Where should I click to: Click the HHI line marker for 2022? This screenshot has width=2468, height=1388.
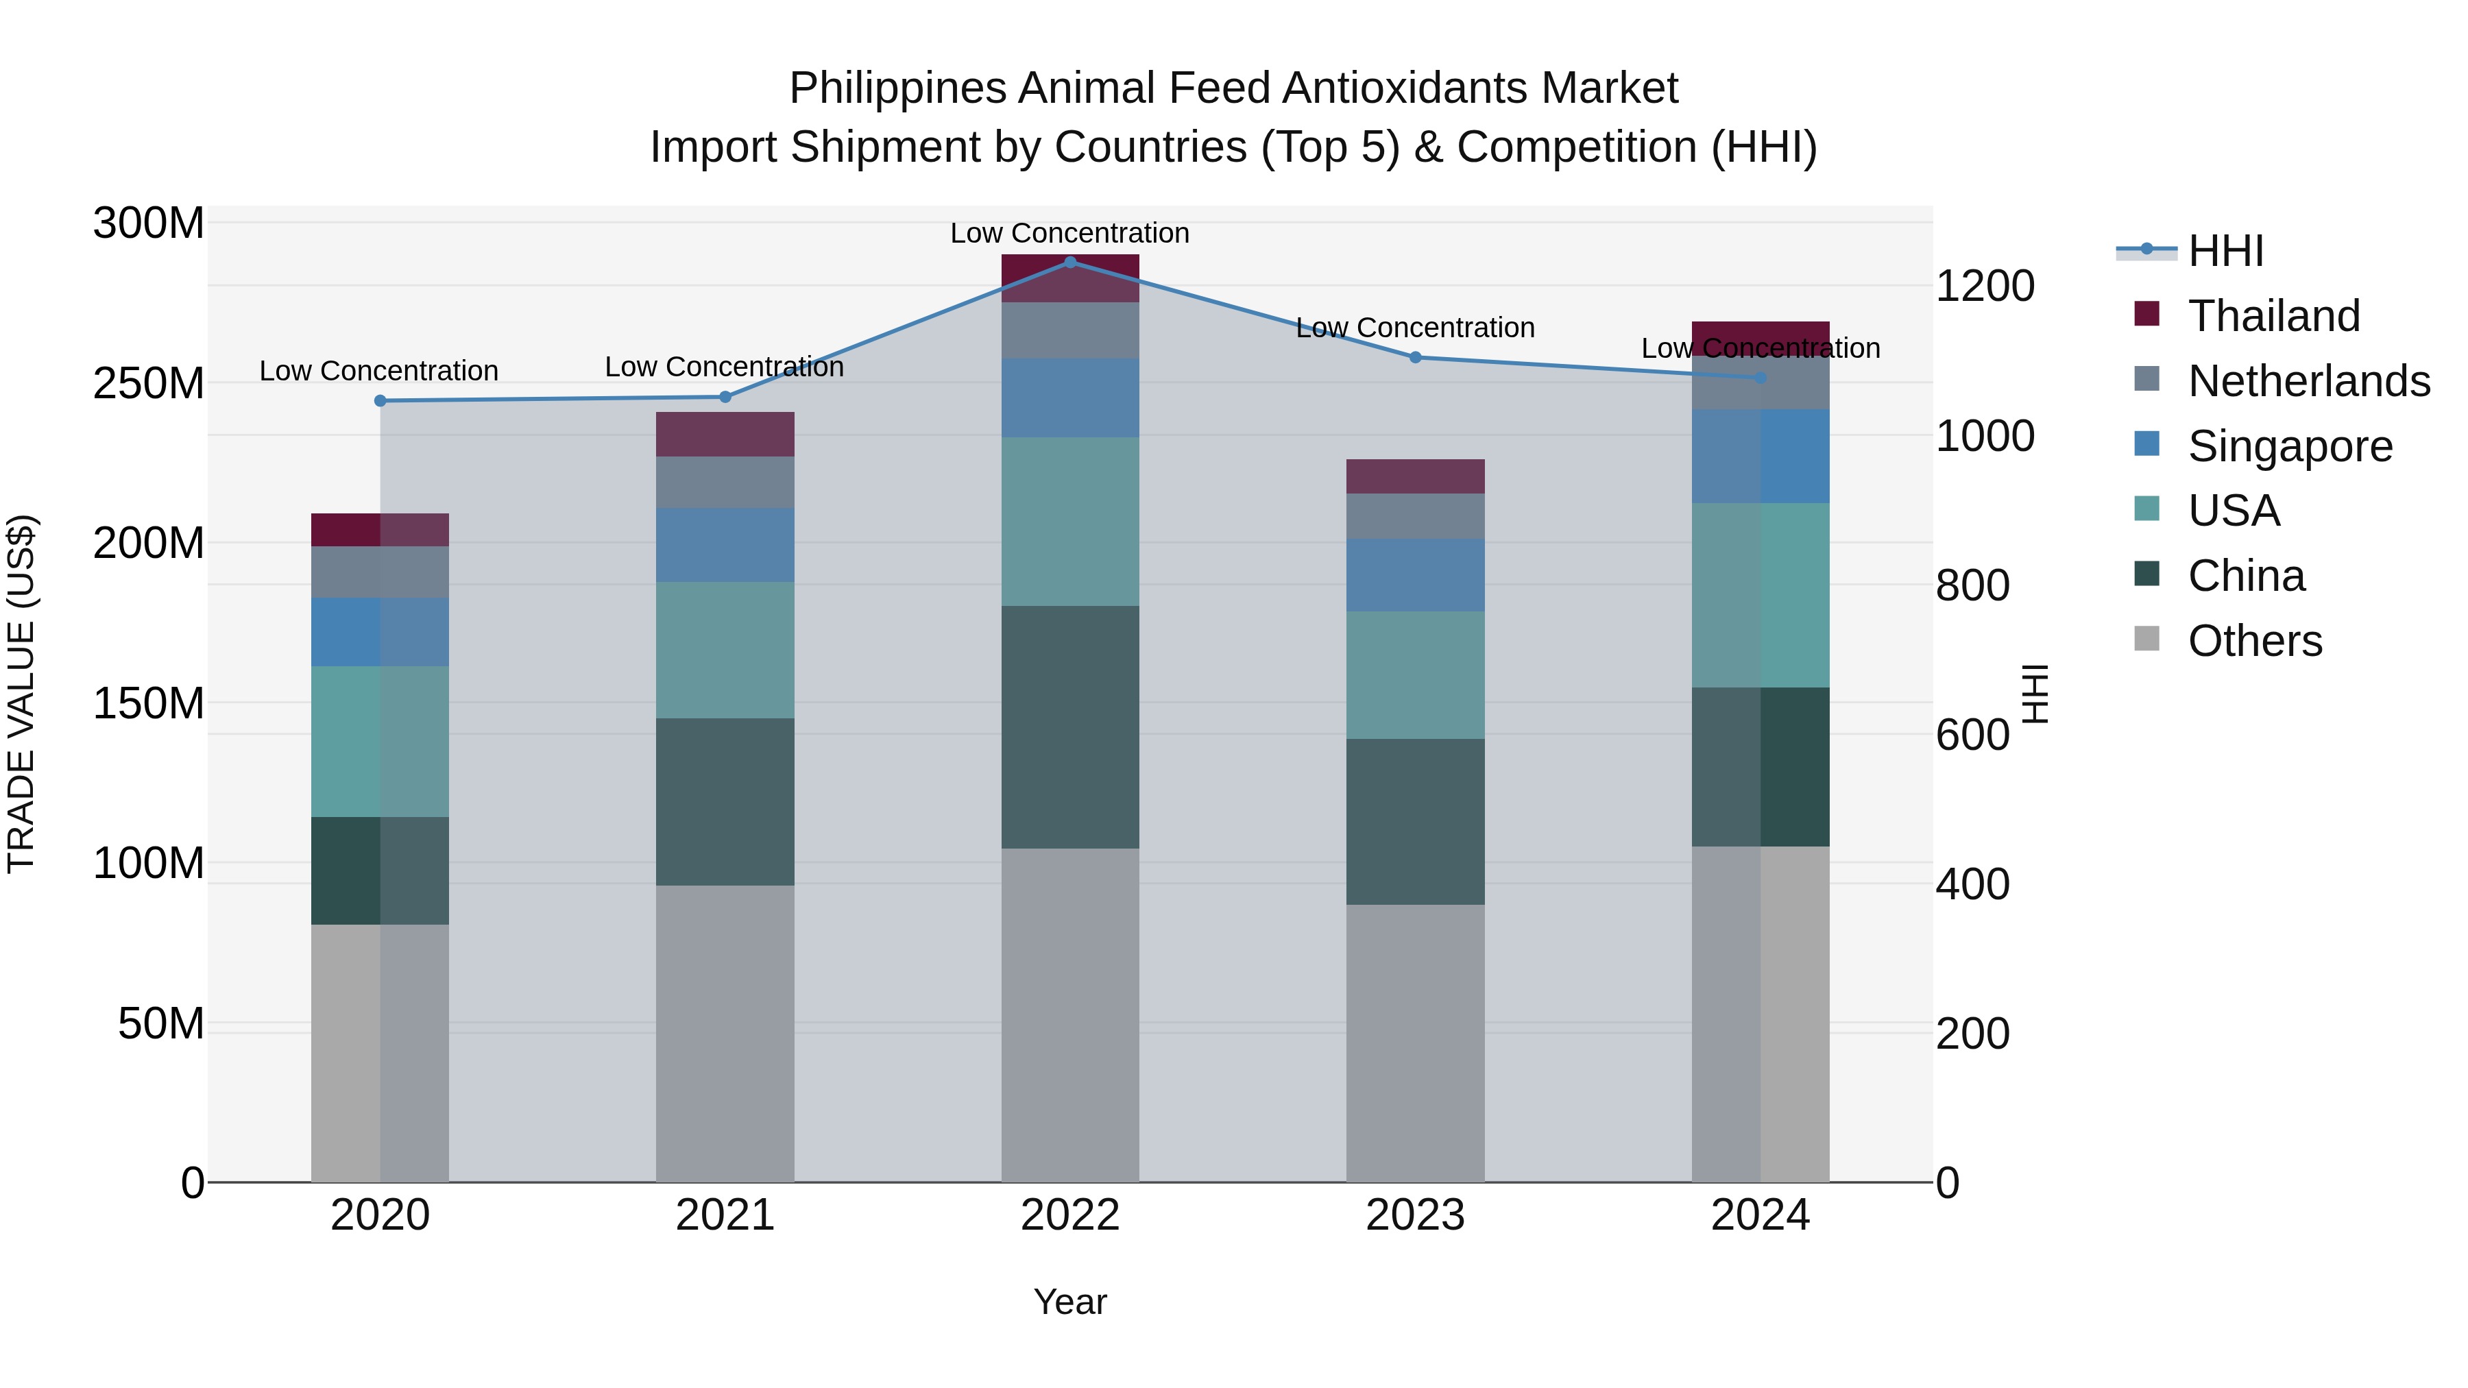coord(1070,262)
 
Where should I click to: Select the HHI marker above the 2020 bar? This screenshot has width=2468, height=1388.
coord(380,400)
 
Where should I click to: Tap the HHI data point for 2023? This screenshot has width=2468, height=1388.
coord(1415,357)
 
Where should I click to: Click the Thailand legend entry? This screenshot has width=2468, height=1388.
coord(2273,316)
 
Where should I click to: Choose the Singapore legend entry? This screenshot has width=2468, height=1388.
coord(2289,446)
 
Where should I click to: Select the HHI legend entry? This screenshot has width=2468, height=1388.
coord(2225,251)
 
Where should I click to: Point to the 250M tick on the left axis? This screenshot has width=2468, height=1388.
coord(149,383)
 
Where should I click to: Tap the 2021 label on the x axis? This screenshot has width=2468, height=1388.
coord(725,1215)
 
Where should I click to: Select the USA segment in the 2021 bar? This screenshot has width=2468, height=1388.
coord(725,650)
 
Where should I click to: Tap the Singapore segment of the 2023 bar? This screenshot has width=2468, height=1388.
coord(1415,575)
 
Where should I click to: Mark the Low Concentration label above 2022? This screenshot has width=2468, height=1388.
coord(1069,233)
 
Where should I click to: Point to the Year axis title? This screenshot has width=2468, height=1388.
coord(1069,1302)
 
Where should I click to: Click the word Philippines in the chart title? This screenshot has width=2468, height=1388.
coord(897,88)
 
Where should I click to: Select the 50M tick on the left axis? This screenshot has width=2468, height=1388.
coord(161,1024)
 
